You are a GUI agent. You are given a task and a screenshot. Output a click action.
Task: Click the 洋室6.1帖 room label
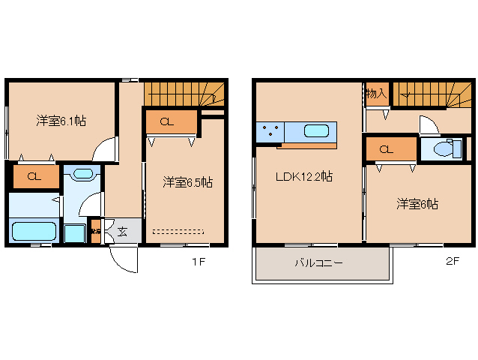tap(61, 120)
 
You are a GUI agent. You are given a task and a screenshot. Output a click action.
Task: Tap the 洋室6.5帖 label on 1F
tap(188, 182)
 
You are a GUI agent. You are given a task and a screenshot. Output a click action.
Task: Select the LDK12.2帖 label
tap(303, 177)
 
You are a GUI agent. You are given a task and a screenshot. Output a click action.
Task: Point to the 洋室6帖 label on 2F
tap(417, 203)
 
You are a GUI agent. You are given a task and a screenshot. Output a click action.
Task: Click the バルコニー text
tap(318, 264)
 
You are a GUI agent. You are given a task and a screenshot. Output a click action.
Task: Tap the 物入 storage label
tap(376, 94)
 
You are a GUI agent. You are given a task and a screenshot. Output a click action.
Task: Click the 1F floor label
tap(197, 262)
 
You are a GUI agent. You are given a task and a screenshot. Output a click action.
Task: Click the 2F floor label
tap(452, 262)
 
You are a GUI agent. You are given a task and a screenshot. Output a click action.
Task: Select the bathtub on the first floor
tap(34, 231)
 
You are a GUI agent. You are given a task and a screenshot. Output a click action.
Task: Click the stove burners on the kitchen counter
tap(269, 132)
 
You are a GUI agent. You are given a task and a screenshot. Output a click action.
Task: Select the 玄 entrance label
tap(122, 232)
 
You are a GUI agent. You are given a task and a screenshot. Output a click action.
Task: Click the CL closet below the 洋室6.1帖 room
tap(34, 177)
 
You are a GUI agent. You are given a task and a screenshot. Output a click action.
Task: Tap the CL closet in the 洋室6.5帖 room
tap(169, 121)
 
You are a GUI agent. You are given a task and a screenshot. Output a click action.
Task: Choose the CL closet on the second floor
tap(387, 149)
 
